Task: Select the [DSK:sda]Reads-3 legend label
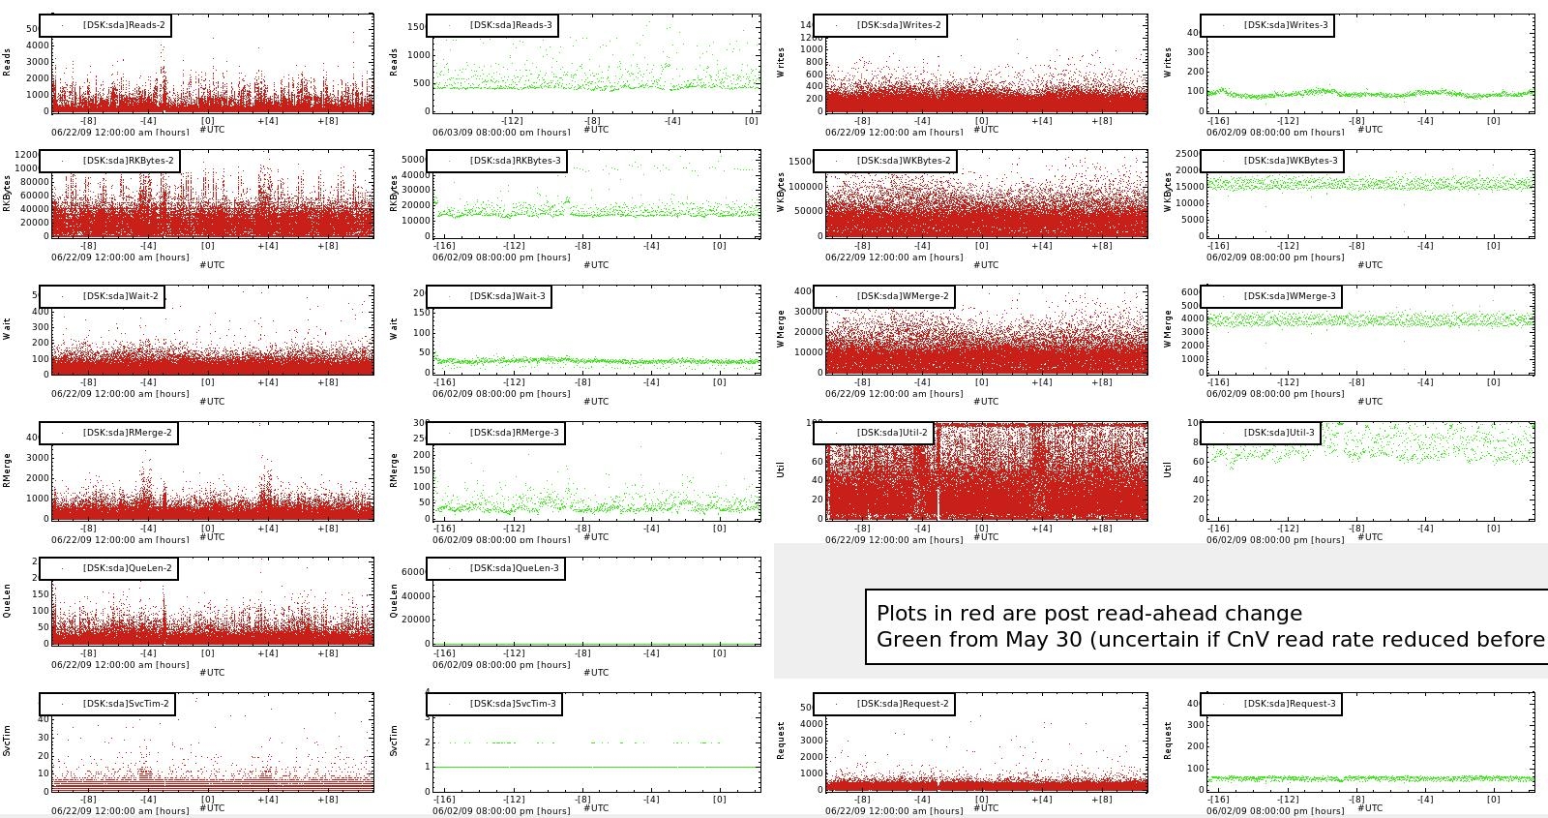coord(512,25)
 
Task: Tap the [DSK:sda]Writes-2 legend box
coord(884,25)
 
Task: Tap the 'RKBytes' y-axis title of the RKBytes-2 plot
coord(8,193)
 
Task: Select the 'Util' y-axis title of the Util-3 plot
coord(1169,470)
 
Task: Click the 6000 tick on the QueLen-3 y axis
coord(412,572)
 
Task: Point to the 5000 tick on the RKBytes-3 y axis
coord(412,160)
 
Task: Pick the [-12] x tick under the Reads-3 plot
coord(512,121)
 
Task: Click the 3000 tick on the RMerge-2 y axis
coord(37,458)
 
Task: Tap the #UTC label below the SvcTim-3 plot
coord(595,807)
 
